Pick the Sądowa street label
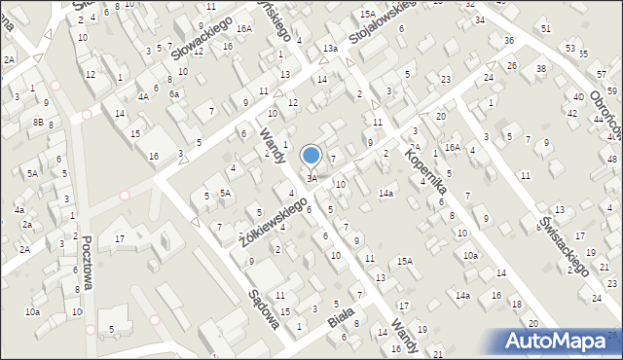click(x=263, y=307)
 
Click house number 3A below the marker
click(x=311, y=178)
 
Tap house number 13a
click(x=331, y=48)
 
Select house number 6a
click(x=174, y=94)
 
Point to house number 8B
click(x=38, y=122)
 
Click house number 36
click(x=509, y=40)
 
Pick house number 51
click(x=546, y=29)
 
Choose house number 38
click(x=540, y=69)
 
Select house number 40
click(x=578, y=97)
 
